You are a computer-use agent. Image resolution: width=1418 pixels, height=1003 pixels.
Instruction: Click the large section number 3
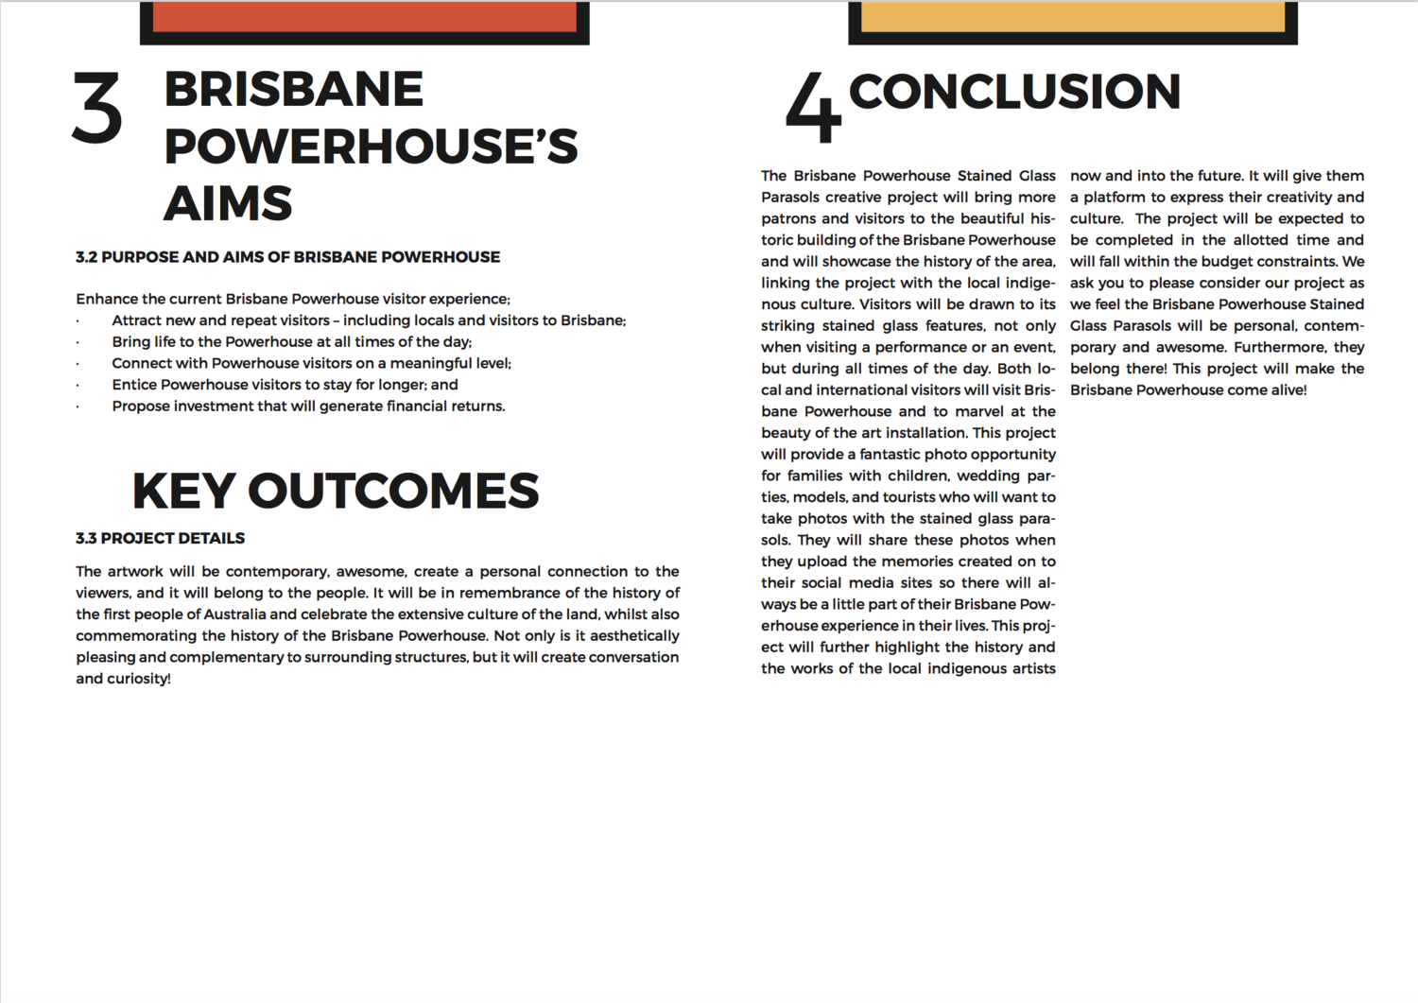click(97, 110)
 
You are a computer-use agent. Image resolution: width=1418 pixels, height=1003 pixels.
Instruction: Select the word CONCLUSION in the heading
click(1014, 92)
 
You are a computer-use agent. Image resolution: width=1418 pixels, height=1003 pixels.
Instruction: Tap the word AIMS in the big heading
click(228, 203)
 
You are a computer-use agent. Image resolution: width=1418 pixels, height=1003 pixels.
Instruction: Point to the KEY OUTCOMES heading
click(336, 491)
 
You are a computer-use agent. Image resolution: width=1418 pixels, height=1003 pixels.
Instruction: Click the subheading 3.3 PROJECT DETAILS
click(160, 538)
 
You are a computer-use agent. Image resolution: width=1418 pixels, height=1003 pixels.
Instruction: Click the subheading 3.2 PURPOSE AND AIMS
click(287, 257)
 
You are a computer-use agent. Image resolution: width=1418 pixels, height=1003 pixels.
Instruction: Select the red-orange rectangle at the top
click(364, 17)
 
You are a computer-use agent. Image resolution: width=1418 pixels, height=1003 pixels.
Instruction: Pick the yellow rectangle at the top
click(1073, 17)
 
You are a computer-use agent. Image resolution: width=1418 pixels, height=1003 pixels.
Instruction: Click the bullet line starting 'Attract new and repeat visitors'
click(369, 320)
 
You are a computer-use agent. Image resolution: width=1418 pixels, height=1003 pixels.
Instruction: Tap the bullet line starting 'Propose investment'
click(308, 406)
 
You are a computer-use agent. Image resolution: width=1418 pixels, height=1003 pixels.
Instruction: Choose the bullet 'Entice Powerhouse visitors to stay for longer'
click(285, 385)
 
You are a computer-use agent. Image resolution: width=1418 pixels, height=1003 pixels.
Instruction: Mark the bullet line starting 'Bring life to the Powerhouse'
click(291, 342)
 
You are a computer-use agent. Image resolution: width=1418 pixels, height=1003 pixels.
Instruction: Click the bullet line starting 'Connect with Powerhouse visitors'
click(311, 363)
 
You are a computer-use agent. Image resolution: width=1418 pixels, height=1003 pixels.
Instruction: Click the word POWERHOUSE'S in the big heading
click(371, 147)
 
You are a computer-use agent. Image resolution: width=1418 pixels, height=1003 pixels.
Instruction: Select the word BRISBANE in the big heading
click(293, 90)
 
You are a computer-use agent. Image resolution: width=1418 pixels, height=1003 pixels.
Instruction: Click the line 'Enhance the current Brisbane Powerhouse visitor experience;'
click(293, 299)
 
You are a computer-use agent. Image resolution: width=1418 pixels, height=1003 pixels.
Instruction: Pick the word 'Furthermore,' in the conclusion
click(1277, 347)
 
